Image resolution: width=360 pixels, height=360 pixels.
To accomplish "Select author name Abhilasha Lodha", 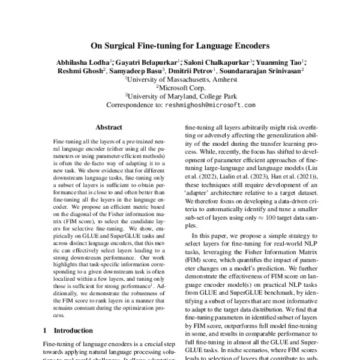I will (x=81, y=61).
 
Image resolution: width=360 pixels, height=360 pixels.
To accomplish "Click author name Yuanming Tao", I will (x=282, y=61).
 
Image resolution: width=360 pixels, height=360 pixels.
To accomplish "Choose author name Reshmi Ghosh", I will (x=80, y=70).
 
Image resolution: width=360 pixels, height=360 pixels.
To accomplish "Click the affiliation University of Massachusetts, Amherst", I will (x=181, y=79).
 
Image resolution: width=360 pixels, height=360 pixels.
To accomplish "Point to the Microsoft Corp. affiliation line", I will (x=181, y=87).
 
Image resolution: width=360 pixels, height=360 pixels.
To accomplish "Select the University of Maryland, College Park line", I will (x=181, y=95).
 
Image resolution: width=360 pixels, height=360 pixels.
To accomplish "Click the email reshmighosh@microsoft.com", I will (x=212, y=104).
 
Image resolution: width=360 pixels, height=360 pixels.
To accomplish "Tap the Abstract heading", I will (x=109, y=127).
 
